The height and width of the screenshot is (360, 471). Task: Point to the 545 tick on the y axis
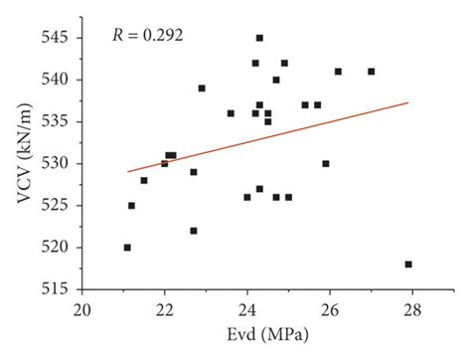point(56,38)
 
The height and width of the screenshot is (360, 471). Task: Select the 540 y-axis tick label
point(56,80)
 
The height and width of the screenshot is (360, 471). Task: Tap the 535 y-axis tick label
point(56,121)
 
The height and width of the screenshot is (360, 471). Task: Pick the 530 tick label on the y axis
point(56,163)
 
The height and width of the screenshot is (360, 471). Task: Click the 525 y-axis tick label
point(56,205)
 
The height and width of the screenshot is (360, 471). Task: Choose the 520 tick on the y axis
point(56,247)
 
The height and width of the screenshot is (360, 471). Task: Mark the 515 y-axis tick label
point(56,289)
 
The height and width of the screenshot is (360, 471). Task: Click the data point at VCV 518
point(408,265)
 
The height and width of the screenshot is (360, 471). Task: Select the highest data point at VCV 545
point(259,38)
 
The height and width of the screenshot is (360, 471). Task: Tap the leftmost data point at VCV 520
point(127,248)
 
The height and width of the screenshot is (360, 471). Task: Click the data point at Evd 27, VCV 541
point(372,72)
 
